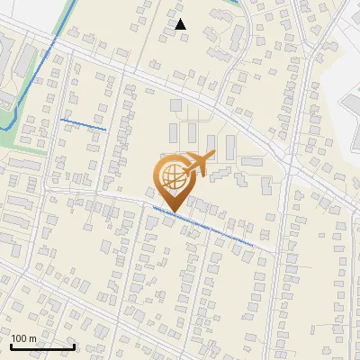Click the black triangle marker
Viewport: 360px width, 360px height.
(181, 24)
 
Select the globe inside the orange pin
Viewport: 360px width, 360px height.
(173, 176)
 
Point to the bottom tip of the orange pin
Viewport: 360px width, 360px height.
(173, 213)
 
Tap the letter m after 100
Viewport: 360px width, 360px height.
(33, 338)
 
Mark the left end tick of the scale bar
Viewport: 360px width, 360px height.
(11, 346)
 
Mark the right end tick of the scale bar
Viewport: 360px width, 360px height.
(75, 346)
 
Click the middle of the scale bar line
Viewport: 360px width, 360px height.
(42, 347)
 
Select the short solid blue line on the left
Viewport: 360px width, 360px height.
(83, 124)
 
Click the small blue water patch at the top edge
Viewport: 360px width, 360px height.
(236, 3)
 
